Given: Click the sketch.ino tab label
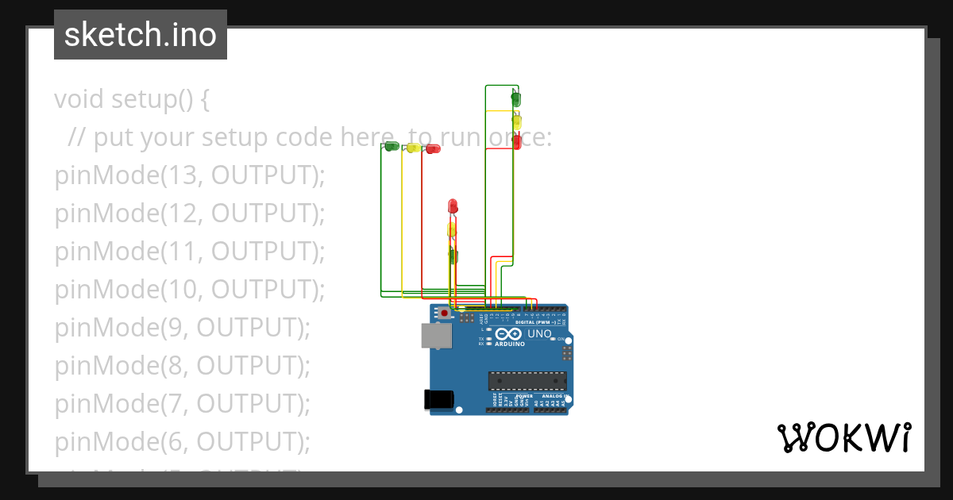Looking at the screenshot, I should click(x=140, y=35).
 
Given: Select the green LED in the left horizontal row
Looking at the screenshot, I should click(x=392, y=146).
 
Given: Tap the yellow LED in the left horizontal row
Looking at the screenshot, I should click(x=413, y=148).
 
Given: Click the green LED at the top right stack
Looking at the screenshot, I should click(x=515, y=99).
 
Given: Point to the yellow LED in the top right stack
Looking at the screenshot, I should click(x=516, y=121).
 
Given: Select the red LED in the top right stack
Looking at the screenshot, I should click(x=517, y=142).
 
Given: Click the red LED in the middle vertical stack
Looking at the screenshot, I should click(x=453, y=206).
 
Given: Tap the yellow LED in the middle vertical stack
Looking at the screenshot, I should click(x=452, y=230).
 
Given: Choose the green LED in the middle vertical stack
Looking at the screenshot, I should click(x=452, y=256).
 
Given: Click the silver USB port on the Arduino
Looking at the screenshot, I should click(x=436, y=337).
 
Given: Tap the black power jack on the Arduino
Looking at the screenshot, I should click(x=439, y=398).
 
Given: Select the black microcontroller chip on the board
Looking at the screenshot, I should click(x=527, y=380).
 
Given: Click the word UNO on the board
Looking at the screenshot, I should click(x=540, y=334).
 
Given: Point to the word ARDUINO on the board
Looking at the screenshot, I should click(x=510, y=344).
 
